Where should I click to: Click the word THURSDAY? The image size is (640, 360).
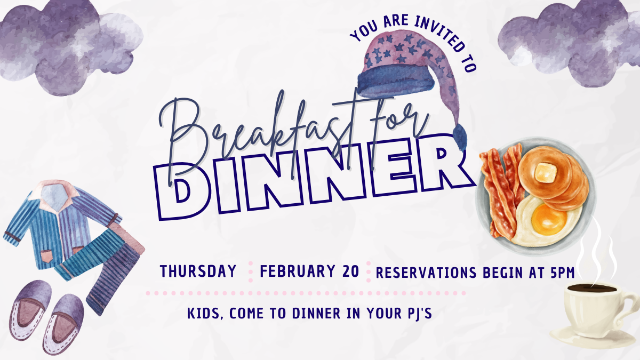pyautogui.click(x=198, y=271)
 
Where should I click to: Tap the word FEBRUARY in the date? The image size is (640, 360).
pyautogui.click(x=292, y=271)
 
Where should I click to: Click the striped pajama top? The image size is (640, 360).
pyautogui.click(x=59, y=224)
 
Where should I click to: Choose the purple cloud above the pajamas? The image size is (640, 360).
pyautogui.click(x=69, y=45)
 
